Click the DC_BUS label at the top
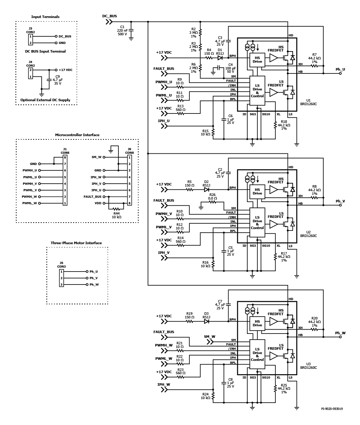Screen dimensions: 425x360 109,16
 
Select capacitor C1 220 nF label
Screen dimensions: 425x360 123,30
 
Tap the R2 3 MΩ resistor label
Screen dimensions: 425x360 193,32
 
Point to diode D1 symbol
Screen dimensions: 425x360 220,58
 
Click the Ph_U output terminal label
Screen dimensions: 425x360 340,69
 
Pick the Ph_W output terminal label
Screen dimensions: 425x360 340,333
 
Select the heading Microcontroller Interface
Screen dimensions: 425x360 77,135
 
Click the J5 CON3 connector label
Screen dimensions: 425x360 62,265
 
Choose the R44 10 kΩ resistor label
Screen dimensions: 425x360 116,215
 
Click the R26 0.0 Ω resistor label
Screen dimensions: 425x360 212,197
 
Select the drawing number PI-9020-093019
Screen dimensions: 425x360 332,409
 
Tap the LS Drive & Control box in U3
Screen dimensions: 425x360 257,354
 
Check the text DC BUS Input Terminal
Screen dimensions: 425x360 45,51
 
